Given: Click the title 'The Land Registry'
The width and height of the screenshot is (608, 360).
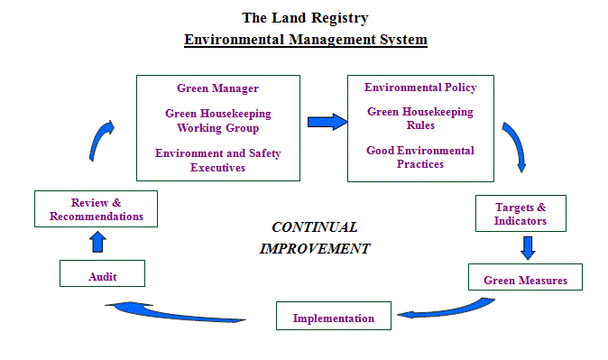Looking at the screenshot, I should tap(305, 17).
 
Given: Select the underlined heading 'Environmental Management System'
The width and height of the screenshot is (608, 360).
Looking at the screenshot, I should tap(305, 40).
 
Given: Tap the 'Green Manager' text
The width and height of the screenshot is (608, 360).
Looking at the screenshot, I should tap(217, 88).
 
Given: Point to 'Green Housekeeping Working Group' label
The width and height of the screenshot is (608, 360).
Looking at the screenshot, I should tap(217, 121).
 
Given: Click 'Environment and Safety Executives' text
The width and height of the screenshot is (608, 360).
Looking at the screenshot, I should tap(217, 161).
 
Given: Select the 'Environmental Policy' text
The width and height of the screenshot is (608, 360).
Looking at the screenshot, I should tap(420, 88).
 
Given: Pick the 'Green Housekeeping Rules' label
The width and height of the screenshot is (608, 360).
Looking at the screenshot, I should tap(420, 119).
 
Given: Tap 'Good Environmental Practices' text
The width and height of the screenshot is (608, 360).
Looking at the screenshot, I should tap(420, 157).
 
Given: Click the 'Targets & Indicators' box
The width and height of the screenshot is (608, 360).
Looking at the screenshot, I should tap(520, 214).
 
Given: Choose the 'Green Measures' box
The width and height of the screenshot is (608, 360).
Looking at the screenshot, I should tap(525, 280).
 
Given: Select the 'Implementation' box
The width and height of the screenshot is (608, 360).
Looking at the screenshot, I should tap(333, 318).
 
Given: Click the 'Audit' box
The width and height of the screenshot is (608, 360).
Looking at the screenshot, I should tap(102, 274).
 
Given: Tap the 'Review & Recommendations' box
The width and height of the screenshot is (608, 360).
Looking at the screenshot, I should tap(96, 209).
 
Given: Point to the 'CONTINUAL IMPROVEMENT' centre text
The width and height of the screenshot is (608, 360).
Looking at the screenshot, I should tap(314, 237).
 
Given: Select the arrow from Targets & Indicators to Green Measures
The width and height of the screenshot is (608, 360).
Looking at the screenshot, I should tap(528, 247).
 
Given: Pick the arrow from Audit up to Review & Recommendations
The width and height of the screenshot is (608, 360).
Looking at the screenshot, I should tap(97, 241).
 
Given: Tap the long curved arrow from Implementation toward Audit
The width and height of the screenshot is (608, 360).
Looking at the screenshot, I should tap(176, 311).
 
